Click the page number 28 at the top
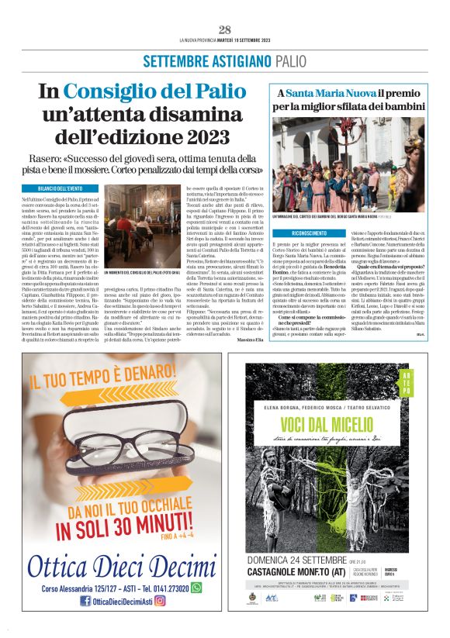coord(225,29)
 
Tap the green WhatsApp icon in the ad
coord(196,588)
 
